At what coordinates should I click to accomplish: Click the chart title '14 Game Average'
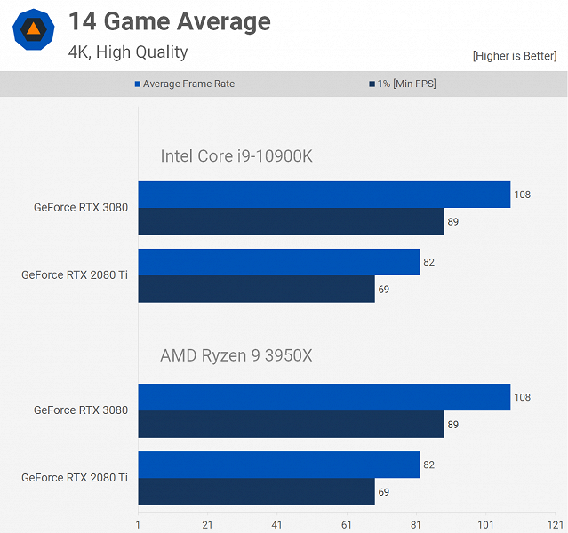(169, 22)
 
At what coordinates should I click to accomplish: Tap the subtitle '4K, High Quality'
(127, 52)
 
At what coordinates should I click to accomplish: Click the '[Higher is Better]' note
(514, 56)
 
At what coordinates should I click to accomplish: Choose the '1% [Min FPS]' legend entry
(402, 84)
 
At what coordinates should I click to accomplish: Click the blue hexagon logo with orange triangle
(33, 30)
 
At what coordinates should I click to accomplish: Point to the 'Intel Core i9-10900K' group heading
(236, 157)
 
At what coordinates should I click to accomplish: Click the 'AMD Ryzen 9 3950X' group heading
(236, 356)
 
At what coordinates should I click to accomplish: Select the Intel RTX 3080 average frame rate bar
(324, 195)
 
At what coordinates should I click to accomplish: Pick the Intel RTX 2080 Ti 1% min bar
(256, 289)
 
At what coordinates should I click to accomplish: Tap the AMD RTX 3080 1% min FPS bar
(291, 424)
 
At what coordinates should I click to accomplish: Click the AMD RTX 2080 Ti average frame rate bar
(278, 465)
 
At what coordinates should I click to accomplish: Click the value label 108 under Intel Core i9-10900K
(522, 195)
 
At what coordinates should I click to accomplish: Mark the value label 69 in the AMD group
(384, 491)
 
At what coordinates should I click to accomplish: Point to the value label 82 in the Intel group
(429, 262)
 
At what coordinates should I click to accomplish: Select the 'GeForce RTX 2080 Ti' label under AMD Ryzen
(75, 477)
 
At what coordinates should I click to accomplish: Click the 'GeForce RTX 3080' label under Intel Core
(81, 208)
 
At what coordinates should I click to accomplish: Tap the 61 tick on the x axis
(347, 524)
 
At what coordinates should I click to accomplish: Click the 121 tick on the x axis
(554, 524)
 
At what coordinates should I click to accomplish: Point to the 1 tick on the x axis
(139, 524)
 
